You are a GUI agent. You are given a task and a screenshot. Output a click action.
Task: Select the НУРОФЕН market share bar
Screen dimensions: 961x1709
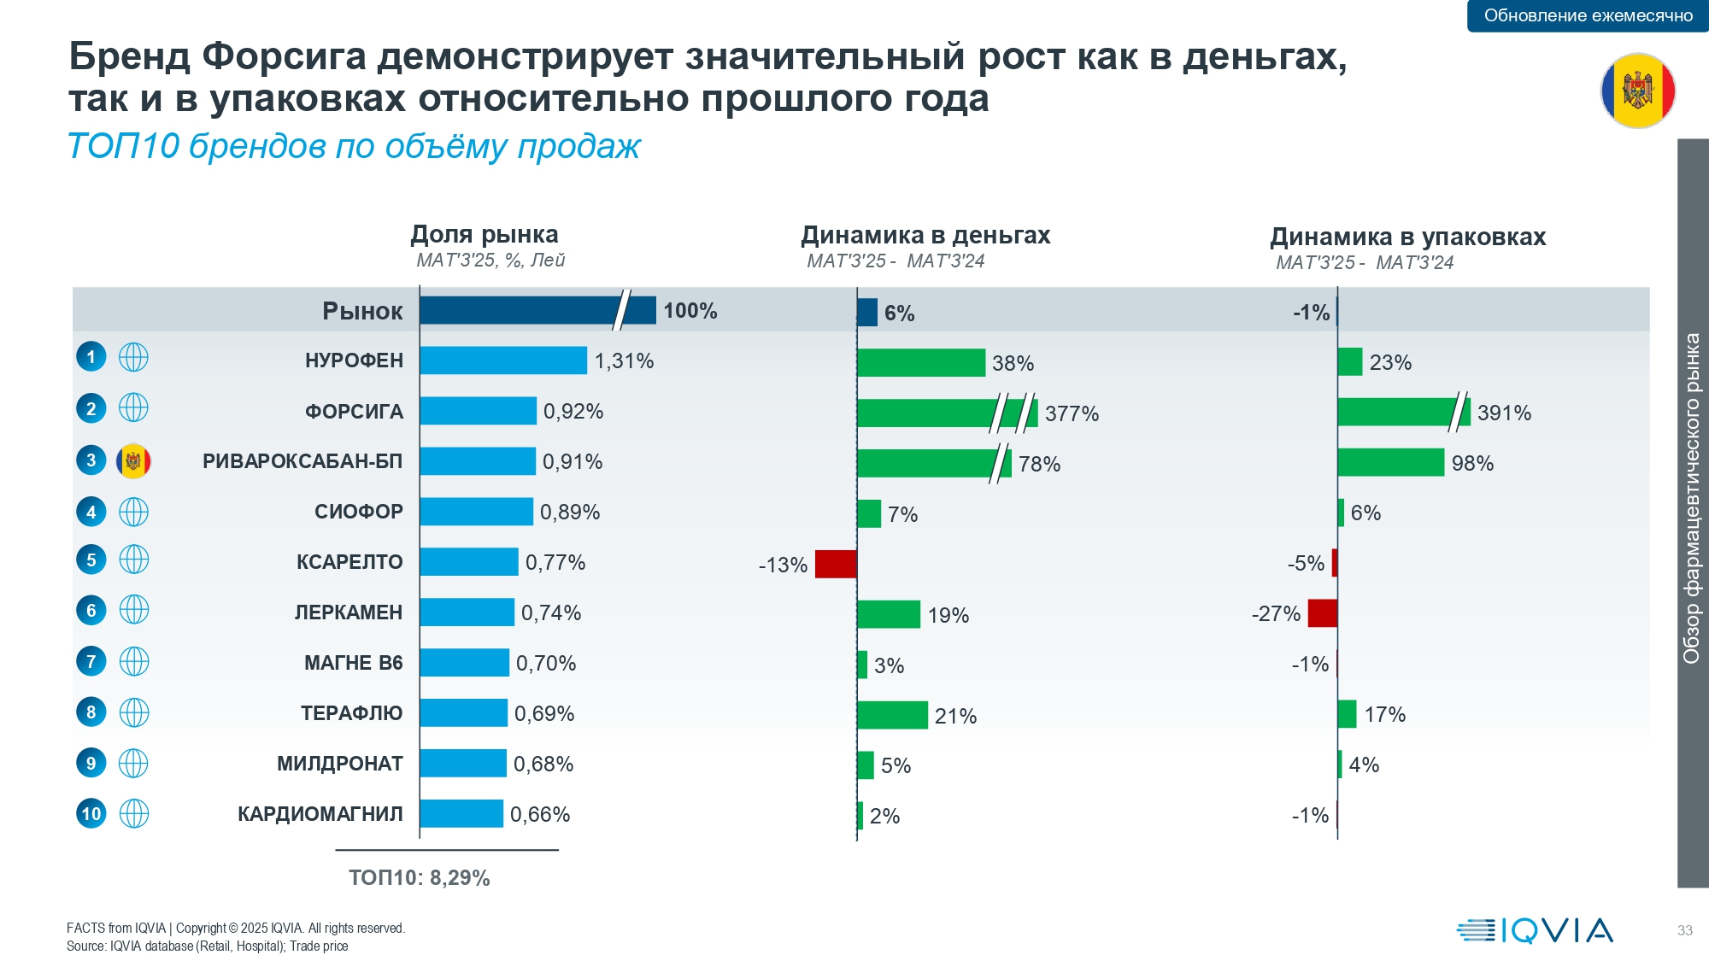pos(502,360)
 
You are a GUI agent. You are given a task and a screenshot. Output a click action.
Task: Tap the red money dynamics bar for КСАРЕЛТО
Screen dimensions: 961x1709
pos(835,565)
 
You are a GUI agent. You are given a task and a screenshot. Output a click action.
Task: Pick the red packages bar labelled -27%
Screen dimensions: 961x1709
pos(1322,613)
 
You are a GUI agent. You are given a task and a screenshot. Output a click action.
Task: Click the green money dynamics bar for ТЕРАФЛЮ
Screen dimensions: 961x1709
pos(892,715)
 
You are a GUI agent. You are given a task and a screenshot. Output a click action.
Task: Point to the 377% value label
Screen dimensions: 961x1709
pos(1072,414)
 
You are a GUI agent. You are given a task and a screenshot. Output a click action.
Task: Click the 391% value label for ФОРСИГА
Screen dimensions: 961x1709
pos(1504,413)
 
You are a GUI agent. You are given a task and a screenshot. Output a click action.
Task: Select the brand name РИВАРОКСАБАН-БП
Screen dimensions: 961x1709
pos(302,461)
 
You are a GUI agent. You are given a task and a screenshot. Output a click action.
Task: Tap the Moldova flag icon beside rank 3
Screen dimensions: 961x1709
pos(133,461)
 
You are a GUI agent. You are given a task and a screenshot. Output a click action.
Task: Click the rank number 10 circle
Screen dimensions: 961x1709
pos(91,813)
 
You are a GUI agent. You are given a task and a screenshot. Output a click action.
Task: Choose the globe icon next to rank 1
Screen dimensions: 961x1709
pos(133,357)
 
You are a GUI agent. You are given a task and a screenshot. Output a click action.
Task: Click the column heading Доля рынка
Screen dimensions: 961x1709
pos(485,234)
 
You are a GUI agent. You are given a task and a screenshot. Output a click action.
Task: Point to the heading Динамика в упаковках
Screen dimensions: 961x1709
pos(1407,237)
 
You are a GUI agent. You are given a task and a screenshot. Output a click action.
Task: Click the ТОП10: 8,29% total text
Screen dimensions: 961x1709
pos(419,878)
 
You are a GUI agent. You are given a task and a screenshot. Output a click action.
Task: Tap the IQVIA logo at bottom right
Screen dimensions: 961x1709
pos(1535,930)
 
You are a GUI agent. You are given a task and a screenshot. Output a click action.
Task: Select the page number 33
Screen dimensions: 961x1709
pos(1684,930)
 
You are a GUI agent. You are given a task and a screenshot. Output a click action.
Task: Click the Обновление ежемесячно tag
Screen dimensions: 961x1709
pos(1588,15)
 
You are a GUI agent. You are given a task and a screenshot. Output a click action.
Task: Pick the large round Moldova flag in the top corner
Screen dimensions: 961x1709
pos(1637,91)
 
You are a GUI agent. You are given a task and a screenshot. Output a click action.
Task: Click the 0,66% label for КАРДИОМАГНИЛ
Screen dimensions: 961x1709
pos(540,815)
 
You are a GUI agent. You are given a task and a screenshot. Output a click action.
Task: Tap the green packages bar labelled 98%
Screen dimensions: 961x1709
pos(1390,463)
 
